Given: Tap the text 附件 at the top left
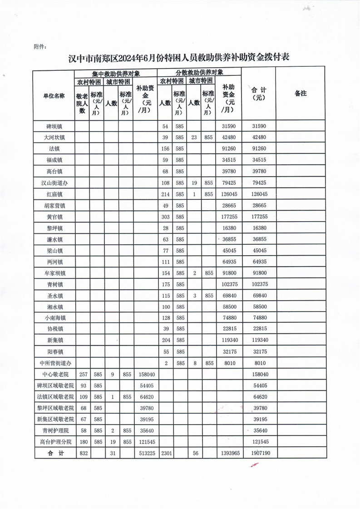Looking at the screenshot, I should (x=40, y=46).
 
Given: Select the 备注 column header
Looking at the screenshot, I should (x=301, y=94).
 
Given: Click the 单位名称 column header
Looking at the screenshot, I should (x=54, y=96).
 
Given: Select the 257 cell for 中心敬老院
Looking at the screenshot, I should (x=82, y=375).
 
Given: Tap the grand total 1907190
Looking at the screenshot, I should (x=259, y=453).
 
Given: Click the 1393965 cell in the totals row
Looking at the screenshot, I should (x=229, y=453).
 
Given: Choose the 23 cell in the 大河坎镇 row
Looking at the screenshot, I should (x=194, y=137).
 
